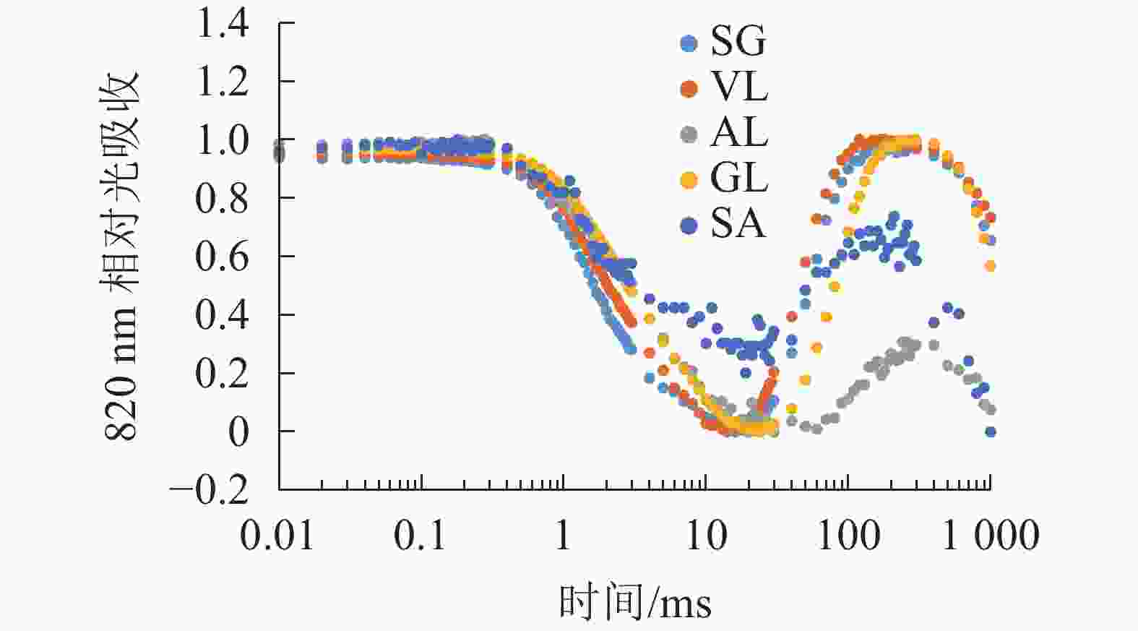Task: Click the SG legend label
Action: tap(737, 41)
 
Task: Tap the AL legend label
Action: tap(738, 133)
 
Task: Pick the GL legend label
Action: tap(738, 179)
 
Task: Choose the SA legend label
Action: tap(737, 224)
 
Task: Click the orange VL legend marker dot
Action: tap(689, 88)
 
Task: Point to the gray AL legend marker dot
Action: tap(689, 134)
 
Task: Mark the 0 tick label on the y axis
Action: tap(238, 432)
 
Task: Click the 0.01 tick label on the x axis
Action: tap(277, 536)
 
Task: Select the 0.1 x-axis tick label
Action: tap(420, 536)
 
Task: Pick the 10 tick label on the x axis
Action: tap(705, 536)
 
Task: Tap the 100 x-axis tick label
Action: tap(848, 536)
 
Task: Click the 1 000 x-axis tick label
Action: tap(991, 536)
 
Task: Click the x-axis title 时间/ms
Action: tap(634, 602)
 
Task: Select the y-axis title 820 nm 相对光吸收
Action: tap(121, 257)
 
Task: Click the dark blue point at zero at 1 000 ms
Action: tap(991, 432)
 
